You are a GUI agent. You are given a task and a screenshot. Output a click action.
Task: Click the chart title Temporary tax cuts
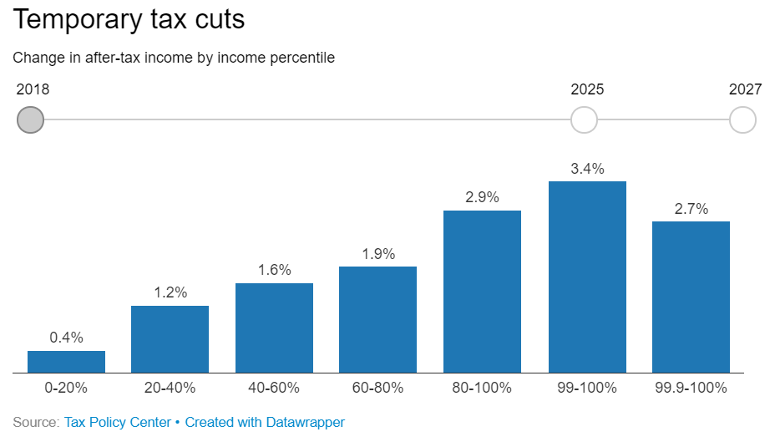129,20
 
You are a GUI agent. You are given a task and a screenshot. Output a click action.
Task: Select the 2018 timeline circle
30,120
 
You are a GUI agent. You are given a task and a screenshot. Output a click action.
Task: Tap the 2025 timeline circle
584,120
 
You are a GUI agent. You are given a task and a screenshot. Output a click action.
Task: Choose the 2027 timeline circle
742,120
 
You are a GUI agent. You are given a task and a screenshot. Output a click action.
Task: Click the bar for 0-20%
66,362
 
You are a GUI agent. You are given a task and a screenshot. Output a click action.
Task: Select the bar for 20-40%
170,339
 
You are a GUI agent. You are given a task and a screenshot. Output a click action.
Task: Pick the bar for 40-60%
274,328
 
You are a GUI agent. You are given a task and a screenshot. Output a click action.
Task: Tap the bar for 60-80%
378,319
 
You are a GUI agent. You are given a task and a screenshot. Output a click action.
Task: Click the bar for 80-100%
482,292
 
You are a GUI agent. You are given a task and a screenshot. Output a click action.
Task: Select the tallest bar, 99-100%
587,277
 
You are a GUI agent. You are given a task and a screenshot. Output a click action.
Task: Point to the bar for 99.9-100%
691,297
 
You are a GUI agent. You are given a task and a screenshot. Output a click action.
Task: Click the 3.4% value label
587,169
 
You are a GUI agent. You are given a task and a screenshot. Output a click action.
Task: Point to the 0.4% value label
66,338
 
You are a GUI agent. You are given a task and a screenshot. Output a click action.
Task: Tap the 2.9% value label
482,197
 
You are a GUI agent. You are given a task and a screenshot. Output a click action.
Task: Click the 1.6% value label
274,270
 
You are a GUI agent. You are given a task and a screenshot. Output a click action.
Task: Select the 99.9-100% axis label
691,387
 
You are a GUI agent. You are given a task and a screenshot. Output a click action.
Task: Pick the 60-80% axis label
378,387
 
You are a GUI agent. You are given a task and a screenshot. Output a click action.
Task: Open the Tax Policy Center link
118,422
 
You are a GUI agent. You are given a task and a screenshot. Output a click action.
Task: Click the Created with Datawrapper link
265,422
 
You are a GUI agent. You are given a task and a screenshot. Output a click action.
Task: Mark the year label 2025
587,89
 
